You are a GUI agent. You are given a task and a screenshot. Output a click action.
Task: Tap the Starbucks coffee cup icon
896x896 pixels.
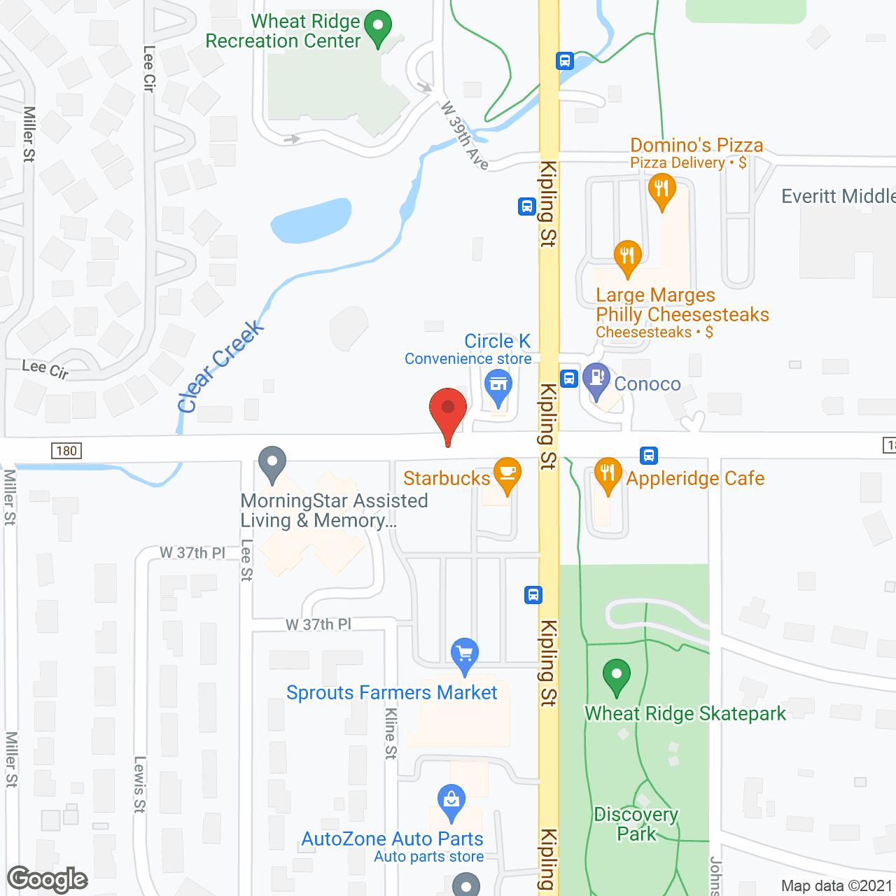[x=507, y=475]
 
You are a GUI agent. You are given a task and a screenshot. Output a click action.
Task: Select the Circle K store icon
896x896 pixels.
[x=498, y=386]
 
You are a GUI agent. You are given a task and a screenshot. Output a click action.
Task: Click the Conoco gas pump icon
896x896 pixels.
[x=596, y=379]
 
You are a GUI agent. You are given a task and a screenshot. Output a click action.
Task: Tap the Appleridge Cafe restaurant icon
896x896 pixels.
[x=608, y=475]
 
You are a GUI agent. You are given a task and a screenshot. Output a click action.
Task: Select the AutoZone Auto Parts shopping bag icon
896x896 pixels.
[x=451, y=801]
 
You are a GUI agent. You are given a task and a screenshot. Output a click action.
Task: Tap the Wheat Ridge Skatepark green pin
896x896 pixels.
[x=616, y=676]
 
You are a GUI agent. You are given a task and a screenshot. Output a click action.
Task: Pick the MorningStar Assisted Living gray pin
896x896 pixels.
[x=272, y=463]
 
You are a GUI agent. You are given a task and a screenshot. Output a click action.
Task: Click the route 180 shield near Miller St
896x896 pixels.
[x=66, y=451]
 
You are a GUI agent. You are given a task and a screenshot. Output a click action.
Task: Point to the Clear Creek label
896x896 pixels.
[x=220, y=366]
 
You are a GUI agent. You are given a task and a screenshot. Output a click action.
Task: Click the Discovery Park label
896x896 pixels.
[x=636, y=824]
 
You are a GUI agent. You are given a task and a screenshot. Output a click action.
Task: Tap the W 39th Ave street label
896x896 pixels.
[x=463, y=135]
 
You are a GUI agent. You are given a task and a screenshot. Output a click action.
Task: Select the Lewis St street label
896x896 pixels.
[x=139, y=784]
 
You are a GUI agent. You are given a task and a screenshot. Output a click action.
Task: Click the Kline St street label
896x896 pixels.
[x=391, y=733]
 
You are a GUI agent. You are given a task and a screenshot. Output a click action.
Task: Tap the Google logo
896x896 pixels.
[x=48, y=879]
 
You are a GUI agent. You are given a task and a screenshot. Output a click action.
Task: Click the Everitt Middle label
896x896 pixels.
[x=838, y=196]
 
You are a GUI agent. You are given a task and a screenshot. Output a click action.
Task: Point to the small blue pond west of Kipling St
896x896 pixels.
[x=311, y=220]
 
